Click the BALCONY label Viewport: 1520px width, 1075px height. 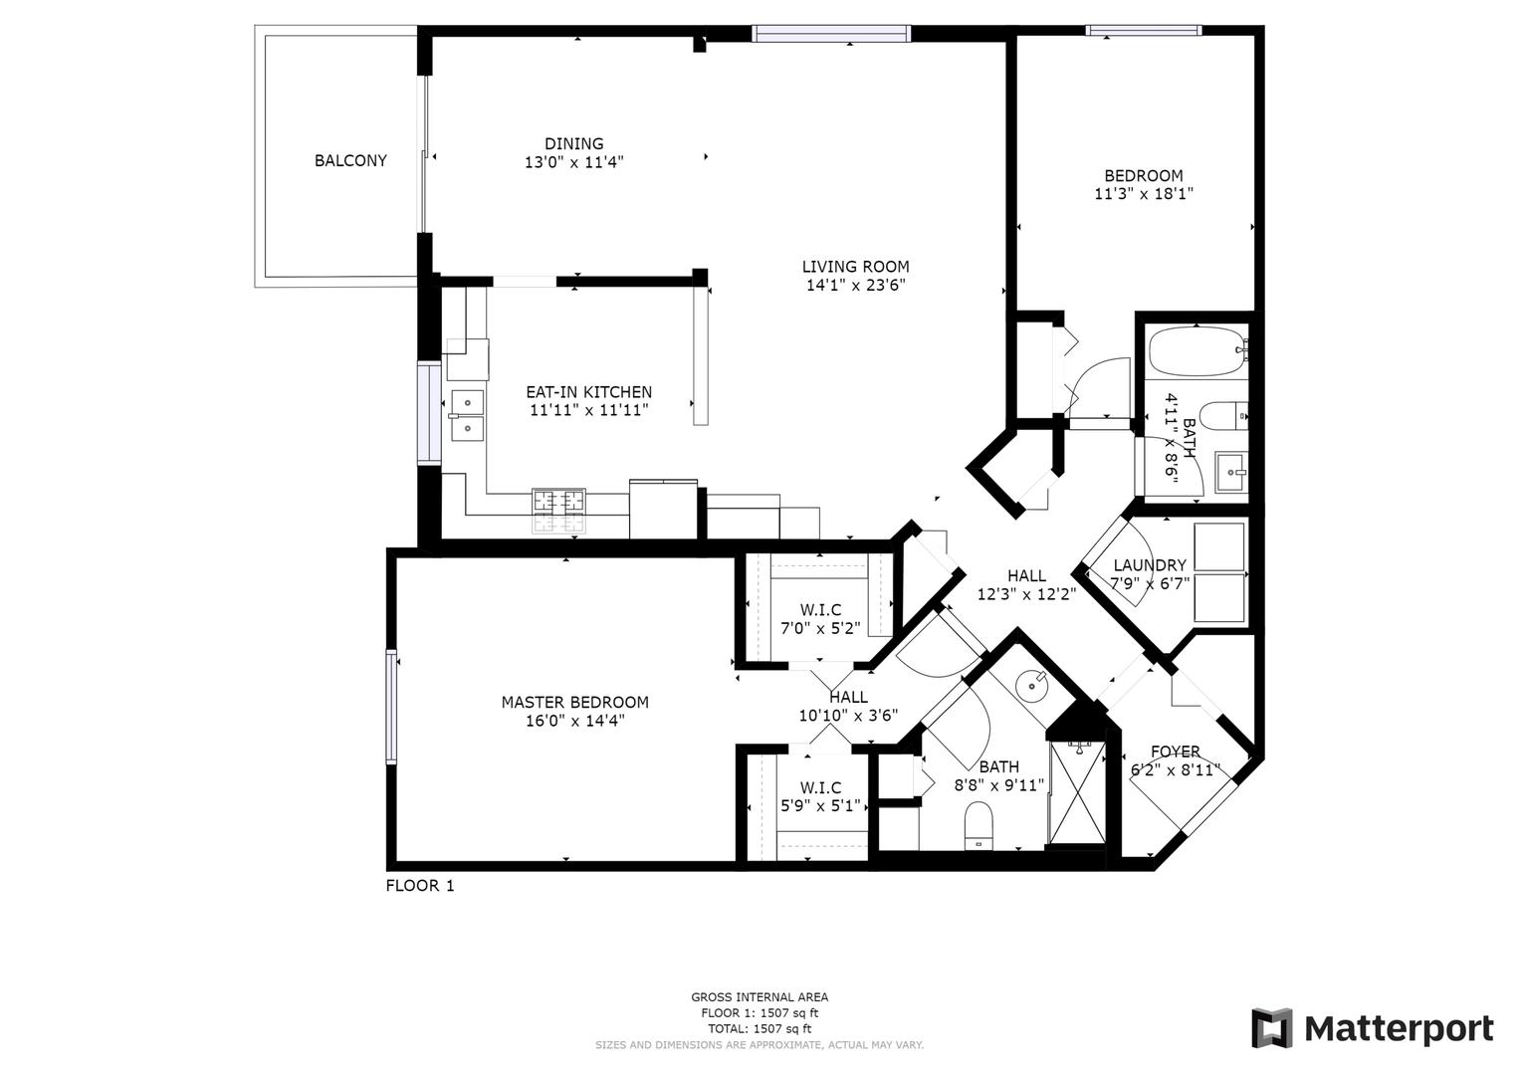pyautogui.click(x=350, y=160)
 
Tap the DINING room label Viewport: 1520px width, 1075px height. pyautogui.click(x=573, y=143)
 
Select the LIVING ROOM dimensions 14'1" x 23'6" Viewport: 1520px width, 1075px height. pyautogui.click(x=855, y=285)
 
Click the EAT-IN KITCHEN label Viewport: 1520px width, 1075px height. pyautogui.click(x=588, y=392)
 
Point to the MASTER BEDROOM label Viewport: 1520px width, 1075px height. pyautogui.click(x=574, y=702)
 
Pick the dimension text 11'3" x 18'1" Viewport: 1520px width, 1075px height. pyautogui.click(x=1143, y=195)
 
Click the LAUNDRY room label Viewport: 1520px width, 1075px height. pyautogui.click(x=1150, y=565)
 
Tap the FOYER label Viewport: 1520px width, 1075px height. pyautogui.click(x=1175, y=752)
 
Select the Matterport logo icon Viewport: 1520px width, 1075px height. pyautogui.click(x=1271, y=1028)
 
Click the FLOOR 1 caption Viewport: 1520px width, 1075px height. pyautogui.click(x=419, y=885)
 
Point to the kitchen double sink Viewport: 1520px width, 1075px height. pyautogui.click(x=466, y=415)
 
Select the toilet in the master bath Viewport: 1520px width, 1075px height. pyautogui.click(x=979, y=826)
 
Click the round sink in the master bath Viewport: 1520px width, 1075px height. pyautogui.click(x=1032, y=685)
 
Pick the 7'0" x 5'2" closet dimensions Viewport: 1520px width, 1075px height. pyautogui.click(x=820, y=628)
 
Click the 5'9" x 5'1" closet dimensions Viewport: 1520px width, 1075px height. pyautogui.click(x=819, y=806)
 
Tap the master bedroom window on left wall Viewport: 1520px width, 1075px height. pyautogui.click(x=391, y=706)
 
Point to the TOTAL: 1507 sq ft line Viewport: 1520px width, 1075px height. pyautogui.click(x=759, y=1028)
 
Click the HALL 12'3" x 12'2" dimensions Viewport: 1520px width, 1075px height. pyautogui.click(x=1026, y=594)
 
